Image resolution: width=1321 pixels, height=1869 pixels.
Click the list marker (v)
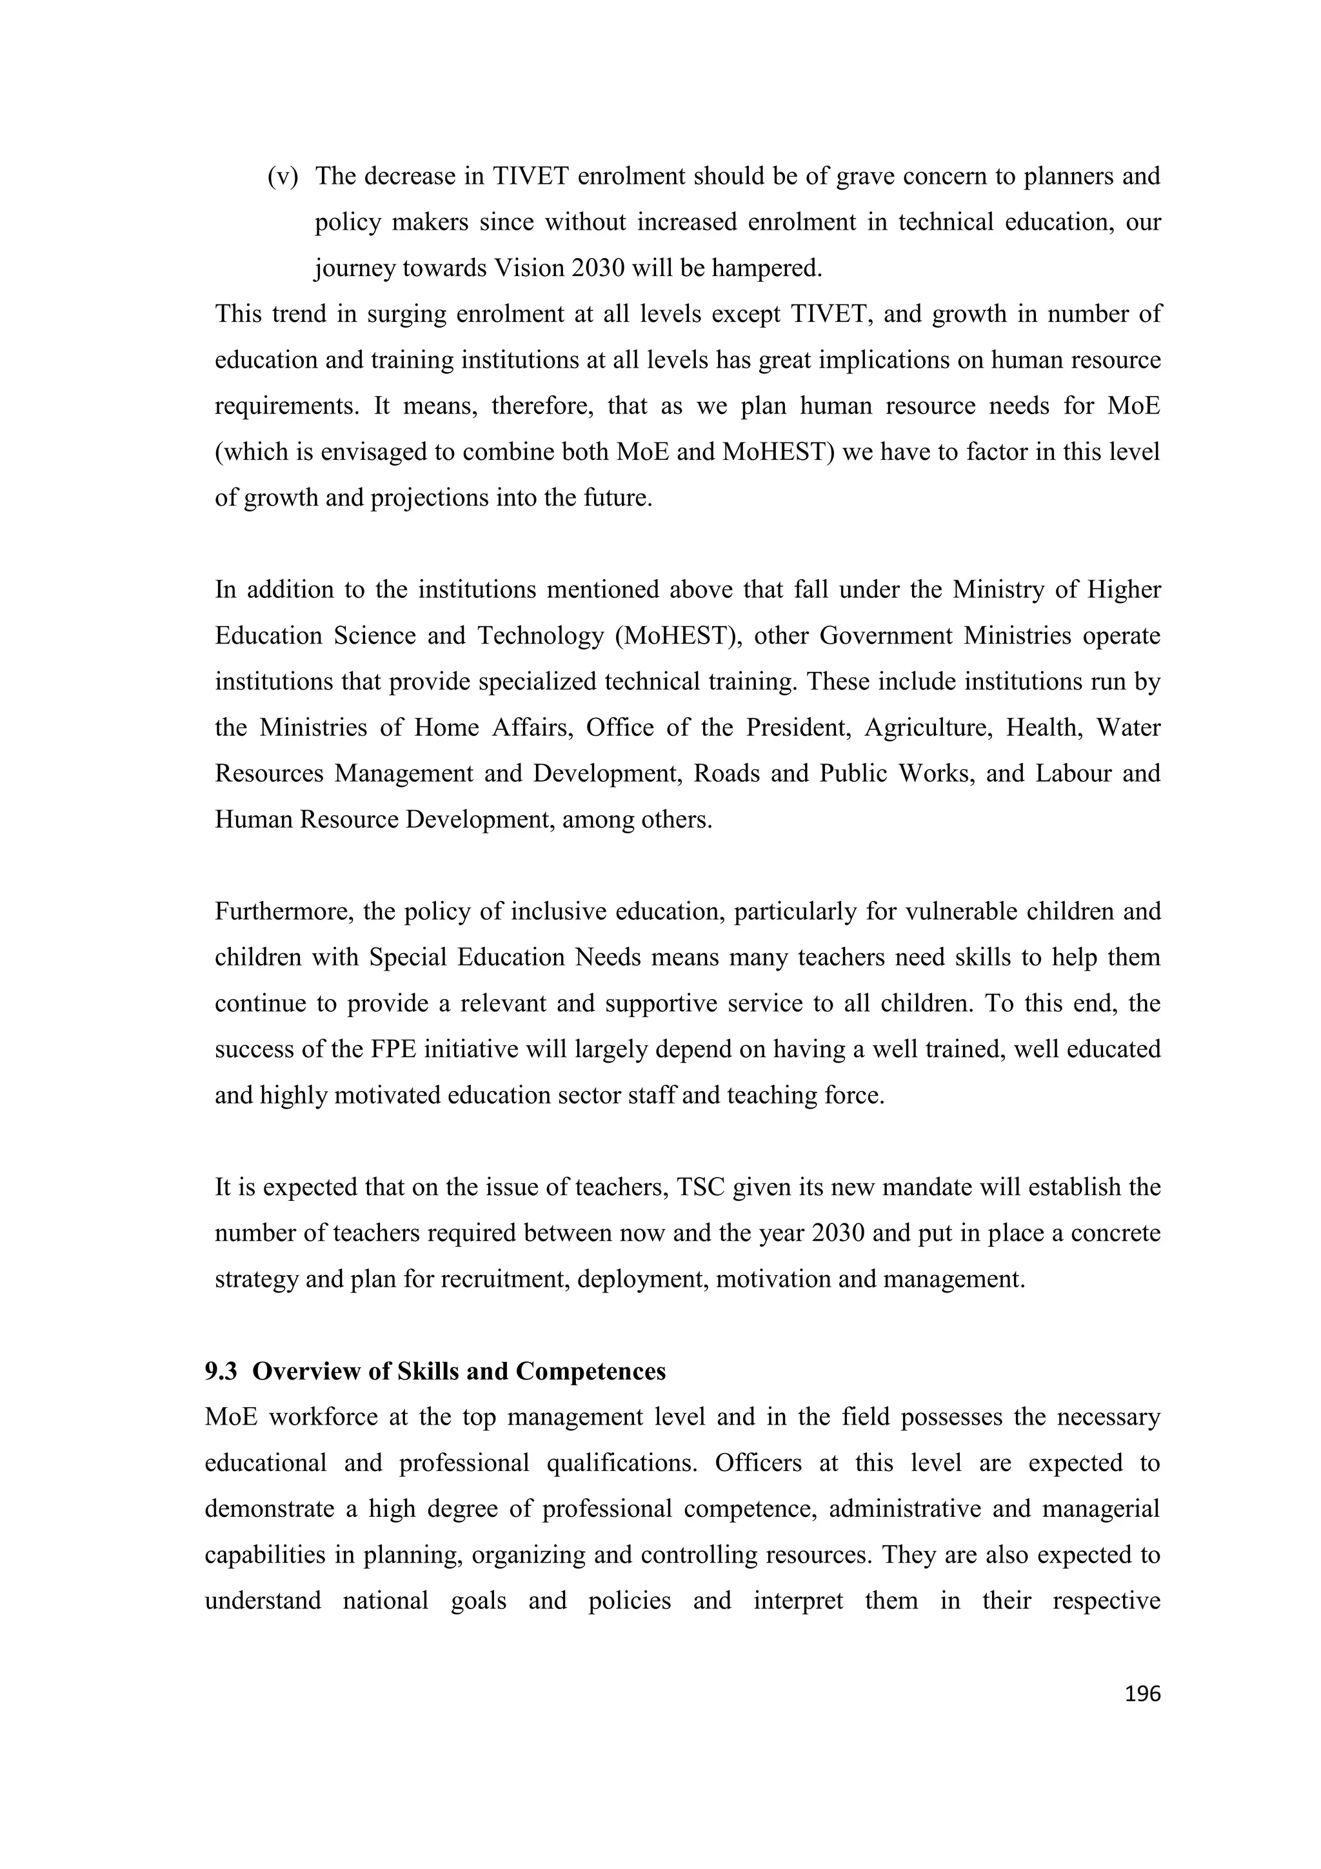pyautogui.click(x=283, y=177)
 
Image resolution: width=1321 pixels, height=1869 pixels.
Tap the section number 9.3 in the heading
pyautogui.click(x=221, y=1372)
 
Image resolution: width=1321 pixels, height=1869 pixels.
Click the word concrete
pyautogui.click(x=1115, y=1233)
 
